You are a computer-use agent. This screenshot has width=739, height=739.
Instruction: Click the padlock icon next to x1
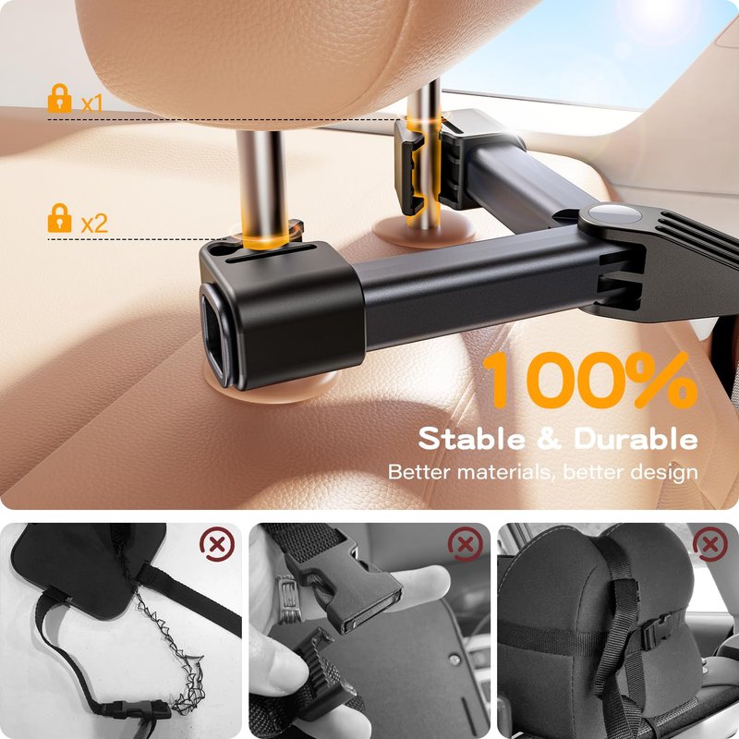[x=60, y=98]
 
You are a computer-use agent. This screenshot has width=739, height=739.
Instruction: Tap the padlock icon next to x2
[x=60, y=218]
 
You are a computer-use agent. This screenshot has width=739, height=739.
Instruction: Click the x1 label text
[x=91, y=103]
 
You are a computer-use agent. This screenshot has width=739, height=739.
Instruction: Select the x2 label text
[x=94, y=224]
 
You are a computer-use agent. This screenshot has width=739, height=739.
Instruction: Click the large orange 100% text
[x=590, y=380]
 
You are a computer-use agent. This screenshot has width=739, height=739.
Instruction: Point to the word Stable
[x=471, y=439]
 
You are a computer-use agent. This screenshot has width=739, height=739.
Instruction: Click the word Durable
[x=636, y=439]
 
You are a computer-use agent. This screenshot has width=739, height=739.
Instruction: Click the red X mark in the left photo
[x=217, y=545]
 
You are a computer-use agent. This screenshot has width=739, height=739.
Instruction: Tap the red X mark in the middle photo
[x=466, y=545]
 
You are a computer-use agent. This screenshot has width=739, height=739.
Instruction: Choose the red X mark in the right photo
[x=710, y=545]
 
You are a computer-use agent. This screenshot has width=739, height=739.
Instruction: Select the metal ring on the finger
[x=286, y=599]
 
